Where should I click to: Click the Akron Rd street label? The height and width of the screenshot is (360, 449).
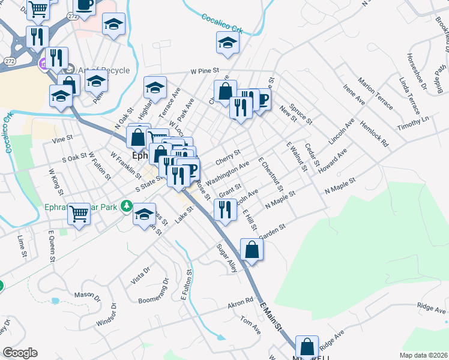tap(240, 304)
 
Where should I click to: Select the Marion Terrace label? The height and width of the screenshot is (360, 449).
tap(375, 94)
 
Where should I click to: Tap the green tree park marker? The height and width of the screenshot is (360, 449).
tap(126, 206)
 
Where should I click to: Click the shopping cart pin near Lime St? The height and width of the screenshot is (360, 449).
tap(79, 213)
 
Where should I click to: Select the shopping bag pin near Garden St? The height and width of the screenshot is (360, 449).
tap(252, 249)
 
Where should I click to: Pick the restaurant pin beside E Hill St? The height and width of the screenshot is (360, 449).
tap(224, 209)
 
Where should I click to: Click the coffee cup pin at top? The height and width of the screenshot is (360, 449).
tap(84, 5)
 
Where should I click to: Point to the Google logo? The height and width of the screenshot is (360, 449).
tap(20, 353)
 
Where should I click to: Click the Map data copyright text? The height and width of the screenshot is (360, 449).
tap(423, 355)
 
